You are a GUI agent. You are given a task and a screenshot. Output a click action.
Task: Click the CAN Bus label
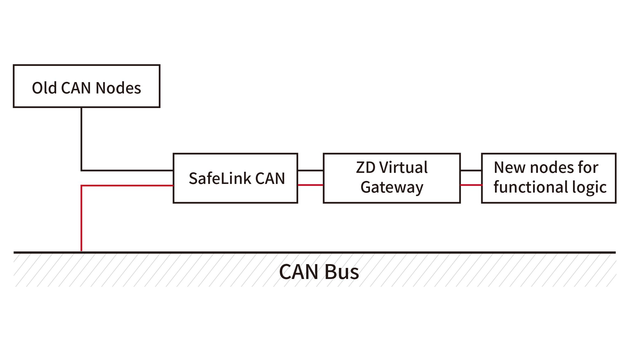(x=319, y=272)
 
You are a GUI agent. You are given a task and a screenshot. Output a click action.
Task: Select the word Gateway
(x=392, y=187)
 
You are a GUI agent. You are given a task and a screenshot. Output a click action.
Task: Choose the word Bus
(x=342, y=272)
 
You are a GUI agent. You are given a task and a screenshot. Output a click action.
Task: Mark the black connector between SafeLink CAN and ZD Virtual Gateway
(x=310, y=170)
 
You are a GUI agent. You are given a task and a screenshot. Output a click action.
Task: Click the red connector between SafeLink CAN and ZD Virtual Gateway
(x=310, y=185)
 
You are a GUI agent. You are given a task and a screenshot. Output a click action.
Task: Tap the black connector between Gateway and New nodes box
(x=471, y=170)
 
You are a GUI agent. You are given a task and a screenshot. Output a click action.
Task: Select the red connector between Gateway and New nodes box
(x=471, y=185)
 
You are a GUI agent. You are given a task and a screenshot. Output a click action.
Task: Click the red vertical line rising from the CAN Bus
(x=81, y=219)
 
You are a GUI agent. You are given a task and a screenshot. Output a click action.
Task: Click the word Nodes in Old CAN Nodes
(x=118, y=88)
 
